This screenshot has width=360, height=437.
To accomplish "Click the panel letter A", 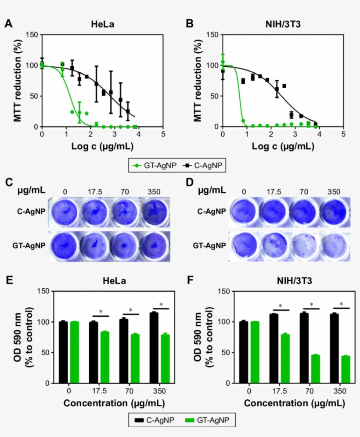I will pos(8,25).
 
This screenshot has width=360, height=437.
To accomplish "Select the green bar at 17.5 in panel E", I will pos(104,357).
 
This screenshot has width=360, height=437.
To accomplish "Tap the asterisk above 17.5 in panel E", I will pos(101,312).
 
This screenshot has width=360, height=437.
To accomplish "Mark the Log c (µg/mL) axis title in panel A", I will pos(102,146).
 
